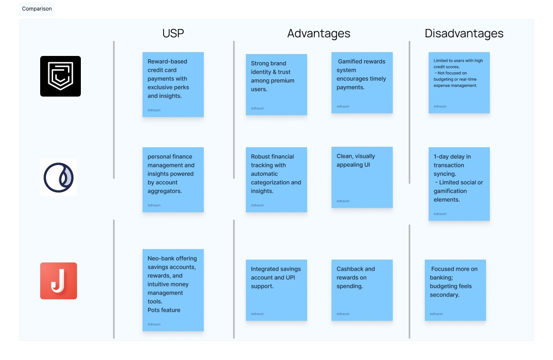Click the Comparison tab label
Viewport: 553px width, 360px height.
(37, 9)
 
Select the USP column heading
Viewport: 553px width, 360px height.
(173, 33)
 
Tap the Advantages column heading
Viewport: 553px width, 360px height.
(319, 33)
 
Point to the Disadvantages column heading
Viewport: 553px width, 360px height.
(464, 33)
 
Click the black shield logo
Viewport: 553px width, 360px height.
(60, 76)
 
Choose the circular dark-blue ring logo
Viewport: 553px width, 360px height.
(58, 177)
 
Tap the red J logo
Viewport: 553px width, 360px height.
(58, 281)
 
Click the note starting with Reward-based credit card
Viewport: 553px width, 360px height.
(173, 84)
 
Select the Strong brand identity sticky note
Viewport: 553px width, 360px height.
(276, 84)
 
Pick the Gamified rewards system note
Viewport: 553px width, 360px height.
(362, 83)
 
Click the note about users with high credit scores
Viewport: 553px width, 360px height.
(459, 83)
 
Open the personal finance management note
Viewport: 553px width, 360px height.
(173, 179)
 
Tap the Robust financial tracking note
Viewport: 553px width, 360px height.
(276, 179)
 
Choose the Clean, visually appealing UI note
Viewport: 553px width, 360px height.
(362, 177)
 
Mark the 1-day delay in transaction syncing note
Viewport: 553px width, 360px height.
(459, 184)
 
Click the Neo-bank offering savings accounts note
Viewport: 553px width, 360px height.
(173, 290)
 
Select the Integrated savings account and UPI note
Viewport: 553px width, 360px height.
(276, 290)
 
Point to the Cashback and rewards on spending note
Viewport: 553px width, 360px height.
(362, 290)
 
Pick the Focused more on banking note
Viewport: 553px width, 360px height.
(455, 290)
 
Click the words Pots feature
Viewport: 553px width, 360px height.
(164, 310)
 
